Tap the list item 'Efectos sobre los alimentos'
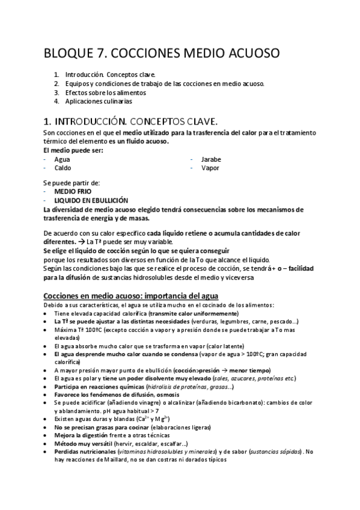pyautogui.click(x=106, y=93)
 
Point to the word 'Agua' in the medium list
pyautogui.click(x=62, y=159)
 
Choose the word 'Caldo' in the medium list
pyautogui.click(x=63, y=168)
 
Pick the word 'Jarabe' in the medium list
pyautogui.click(x=212, y=159)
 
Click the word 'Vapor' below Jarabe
pyautogui.click(x=210, y=168)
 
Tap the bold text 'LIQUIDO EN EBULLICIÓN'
pyautogui.click(x=91, y=199)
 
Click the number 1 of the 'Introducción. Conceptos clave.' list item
pyautogui.click(x=56, y=75)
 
